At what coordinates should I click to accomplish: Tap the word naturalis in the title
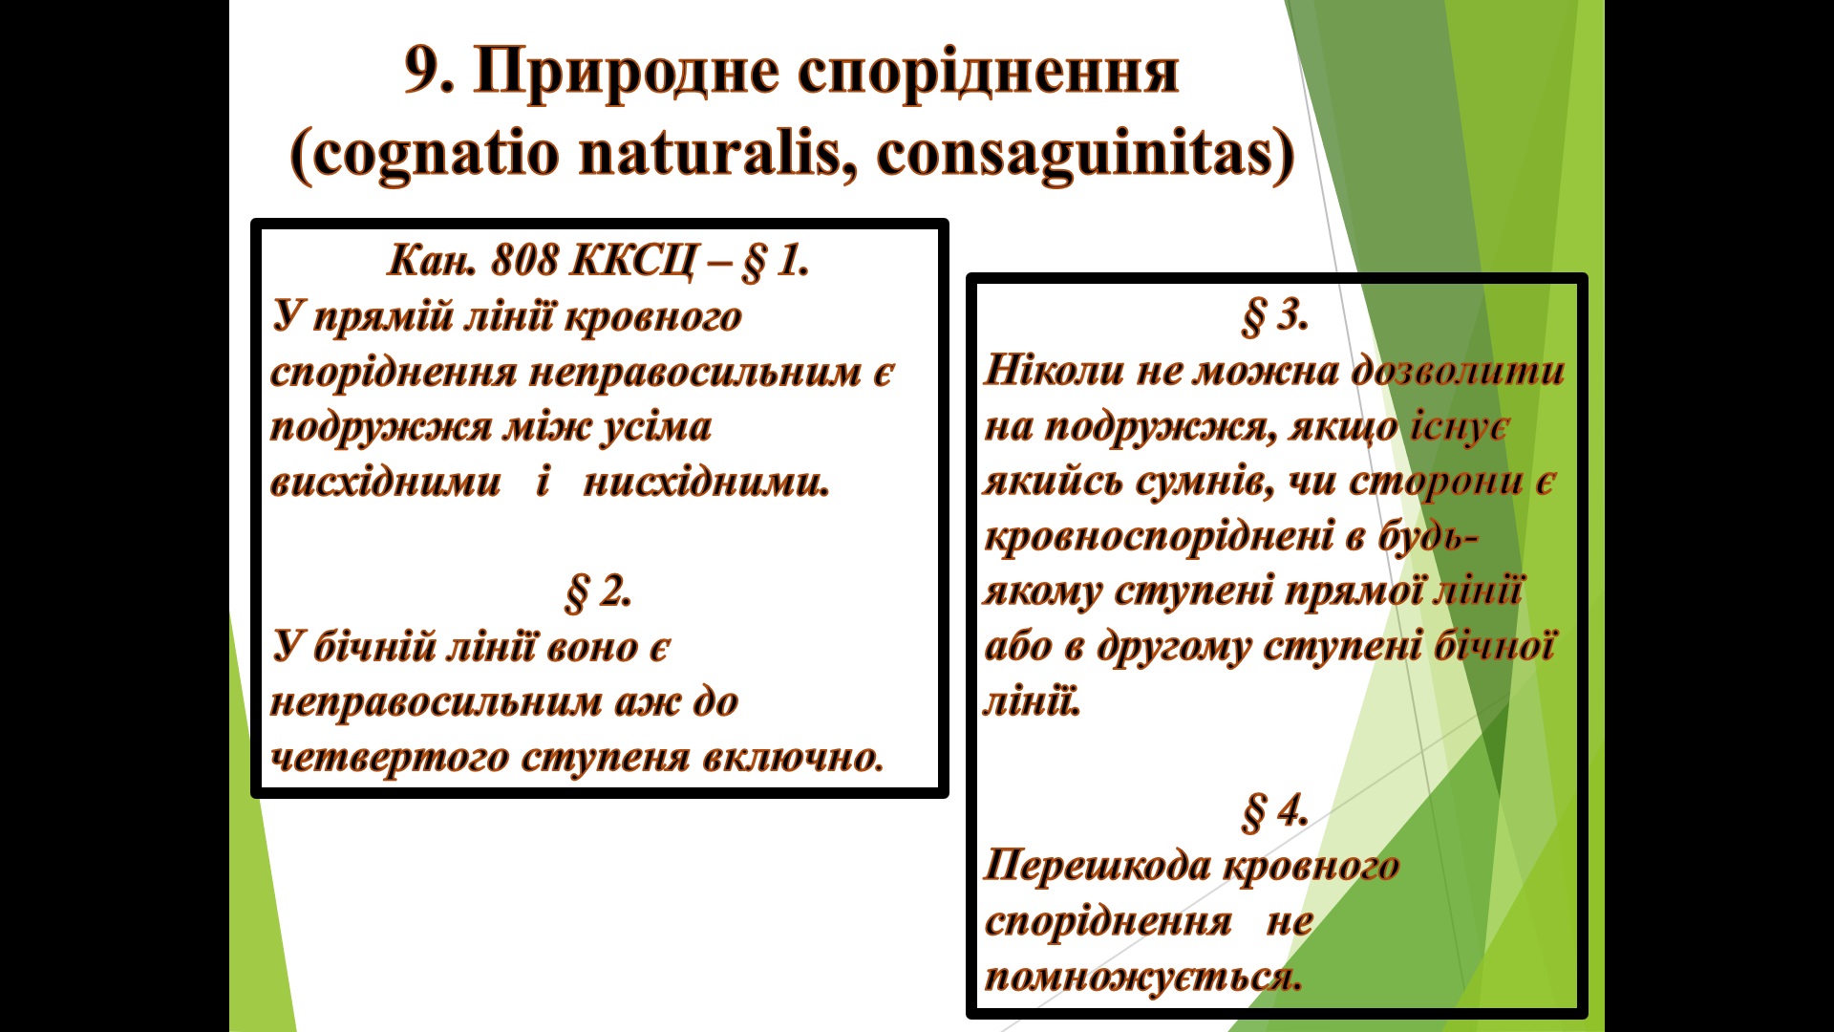pyautogui.click(x=715, y=153)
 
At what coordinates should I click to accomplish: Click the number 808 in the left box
pyautogui.click(x=524, y=260)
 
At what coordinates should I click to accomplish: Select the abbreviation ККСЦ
pyautogui.click(x=632, y=260)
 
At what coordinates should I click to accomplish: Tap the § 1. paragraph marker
pyautogui.click(x=775, y=261)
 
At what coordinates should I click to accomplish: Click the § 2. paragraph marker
pyautogui.click(x=598, y=592)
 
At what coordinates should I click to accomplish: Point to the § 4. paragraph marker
pyautogui.click(x=1274, y=812)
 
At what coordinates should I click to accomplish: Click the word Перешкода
pyautogui.click(x=1098, y=867)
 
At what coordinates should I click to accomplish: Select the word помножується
pyautogui.click(x=1143, y=978)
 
